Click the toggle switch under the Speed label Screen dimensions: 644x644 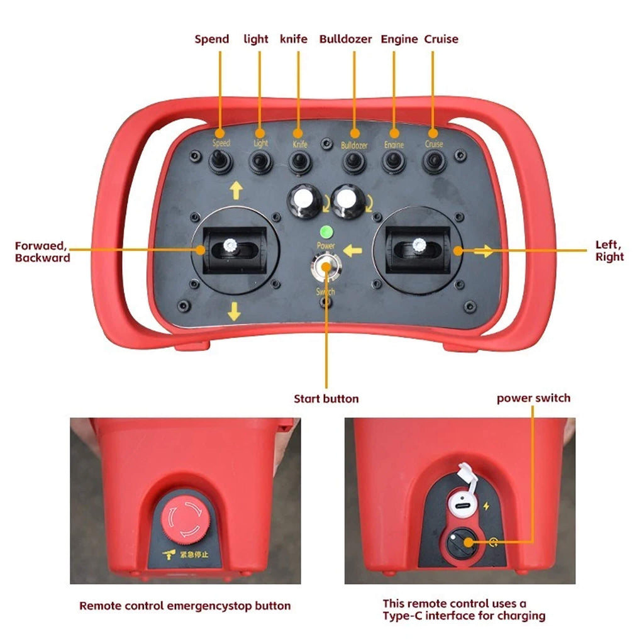(220, 162)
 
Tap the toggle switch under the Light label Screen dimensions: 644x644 (259, 162)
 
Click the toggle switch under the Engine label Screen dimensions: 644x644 (394, 162)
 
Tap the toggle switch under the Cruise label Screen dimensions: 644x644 (433, 162)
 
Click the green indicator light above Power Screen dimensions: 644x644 (326, 231)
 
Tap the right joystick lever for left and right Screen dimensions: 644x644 (416, 245)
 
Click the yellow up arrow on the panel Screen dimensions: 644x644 (236, 189)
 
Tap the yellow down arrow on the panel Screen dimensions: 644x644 (234, 311)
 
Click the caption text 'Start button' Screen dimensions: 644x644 (326, 399)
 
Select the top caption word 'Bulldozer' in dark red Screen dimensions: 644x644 (345, 39)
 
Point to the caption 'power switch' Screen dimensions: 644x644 (533, 398)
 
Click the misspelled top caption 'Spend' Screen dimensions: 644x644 (212, 39)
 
